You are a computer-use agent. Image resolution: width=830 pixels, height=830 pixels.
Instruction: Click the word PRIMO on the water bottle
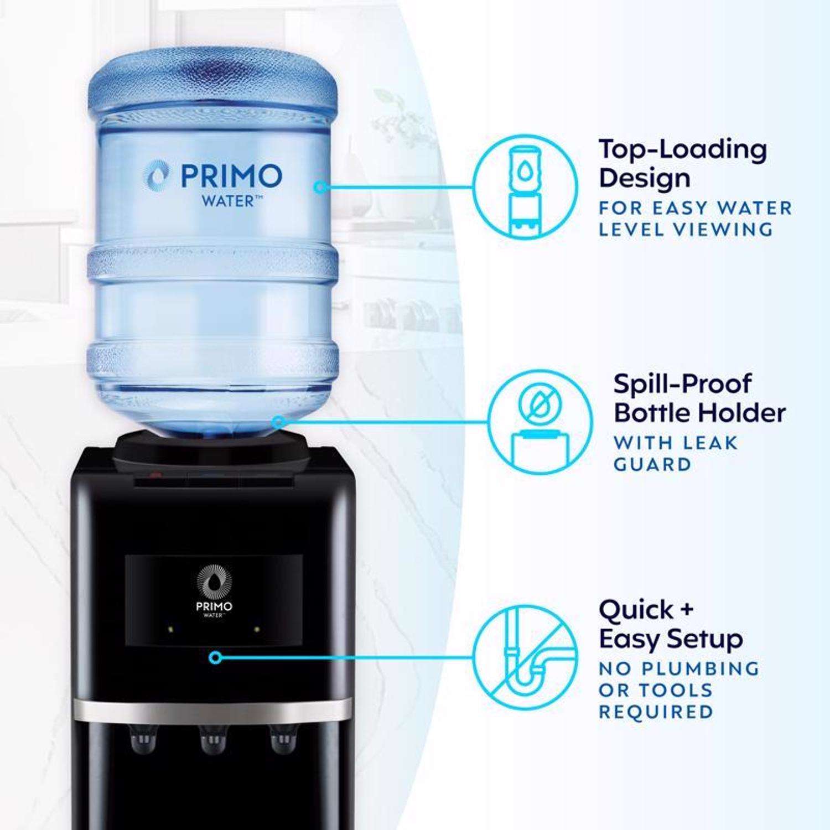pyautogui.click(x=231, y=176)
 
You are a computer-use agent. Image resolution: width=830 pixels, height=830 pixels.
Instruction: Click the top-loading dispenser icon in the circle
pyautogui.click(x=525, y=188)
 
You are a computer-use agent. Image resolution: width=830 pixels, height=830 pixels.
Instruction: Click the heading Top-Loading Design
pyautogui.click(x=683, y=163)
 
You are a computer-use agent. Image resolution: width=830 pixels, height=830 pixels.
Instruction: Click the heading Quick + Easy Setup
pyautogui.click(x=671, y=625)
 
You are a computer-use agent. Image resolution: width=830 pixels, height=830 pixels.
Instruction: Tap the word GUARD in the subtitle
pyautogui.click(x=652, y=464)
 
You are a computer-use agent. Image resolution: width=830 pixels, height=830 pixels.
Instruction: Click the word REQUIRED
pyautogui.click(x=656, y=712)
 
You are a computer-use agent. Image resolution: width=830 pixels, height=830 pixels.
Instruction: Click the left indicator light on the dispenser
pyautogui.click(x=170, y=629)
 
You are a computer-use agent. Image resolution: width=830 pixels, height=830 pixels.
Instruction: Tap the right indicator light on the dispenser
pyautogui.click(x=257, y=629)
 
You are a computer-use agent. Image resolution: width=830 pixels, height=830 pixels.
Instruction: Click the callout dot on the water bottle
pyautogui.click(x=320, y=188)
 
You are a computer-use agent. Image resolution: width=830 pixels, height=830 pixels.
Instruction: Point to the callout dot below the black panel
pyautogui.click(x=216, y=658)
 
